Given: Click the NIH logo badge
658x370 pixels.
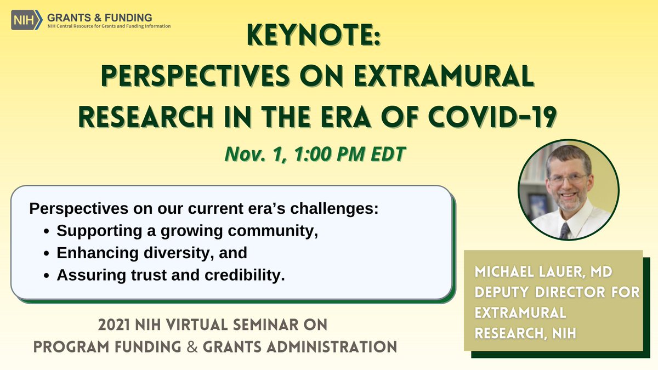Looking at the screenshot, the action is tap(27, 20).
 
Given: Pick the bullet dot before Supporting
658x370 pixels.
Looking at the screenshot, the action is tap(46, 232).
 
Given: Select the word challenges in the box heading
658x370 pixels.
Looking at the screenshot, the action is tap(334, 209).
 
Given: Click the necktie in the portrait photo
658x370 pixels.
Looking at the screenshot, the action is tap(565, 231).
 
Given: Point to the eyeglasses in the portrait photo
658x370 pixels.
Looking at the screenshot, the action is tap(567, 179).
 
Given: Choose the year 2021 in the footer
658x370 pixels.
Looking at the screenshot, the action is tap(114, 325).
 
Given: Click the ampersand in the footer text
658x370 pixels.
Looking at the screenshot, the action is tap(192, 347).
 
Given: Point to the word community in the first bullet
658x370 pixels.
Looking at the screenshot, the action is tap(273, 231).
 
